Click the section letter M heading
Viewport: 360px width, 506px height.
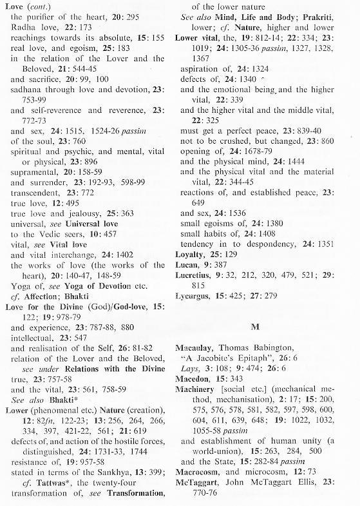[254, 327]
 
